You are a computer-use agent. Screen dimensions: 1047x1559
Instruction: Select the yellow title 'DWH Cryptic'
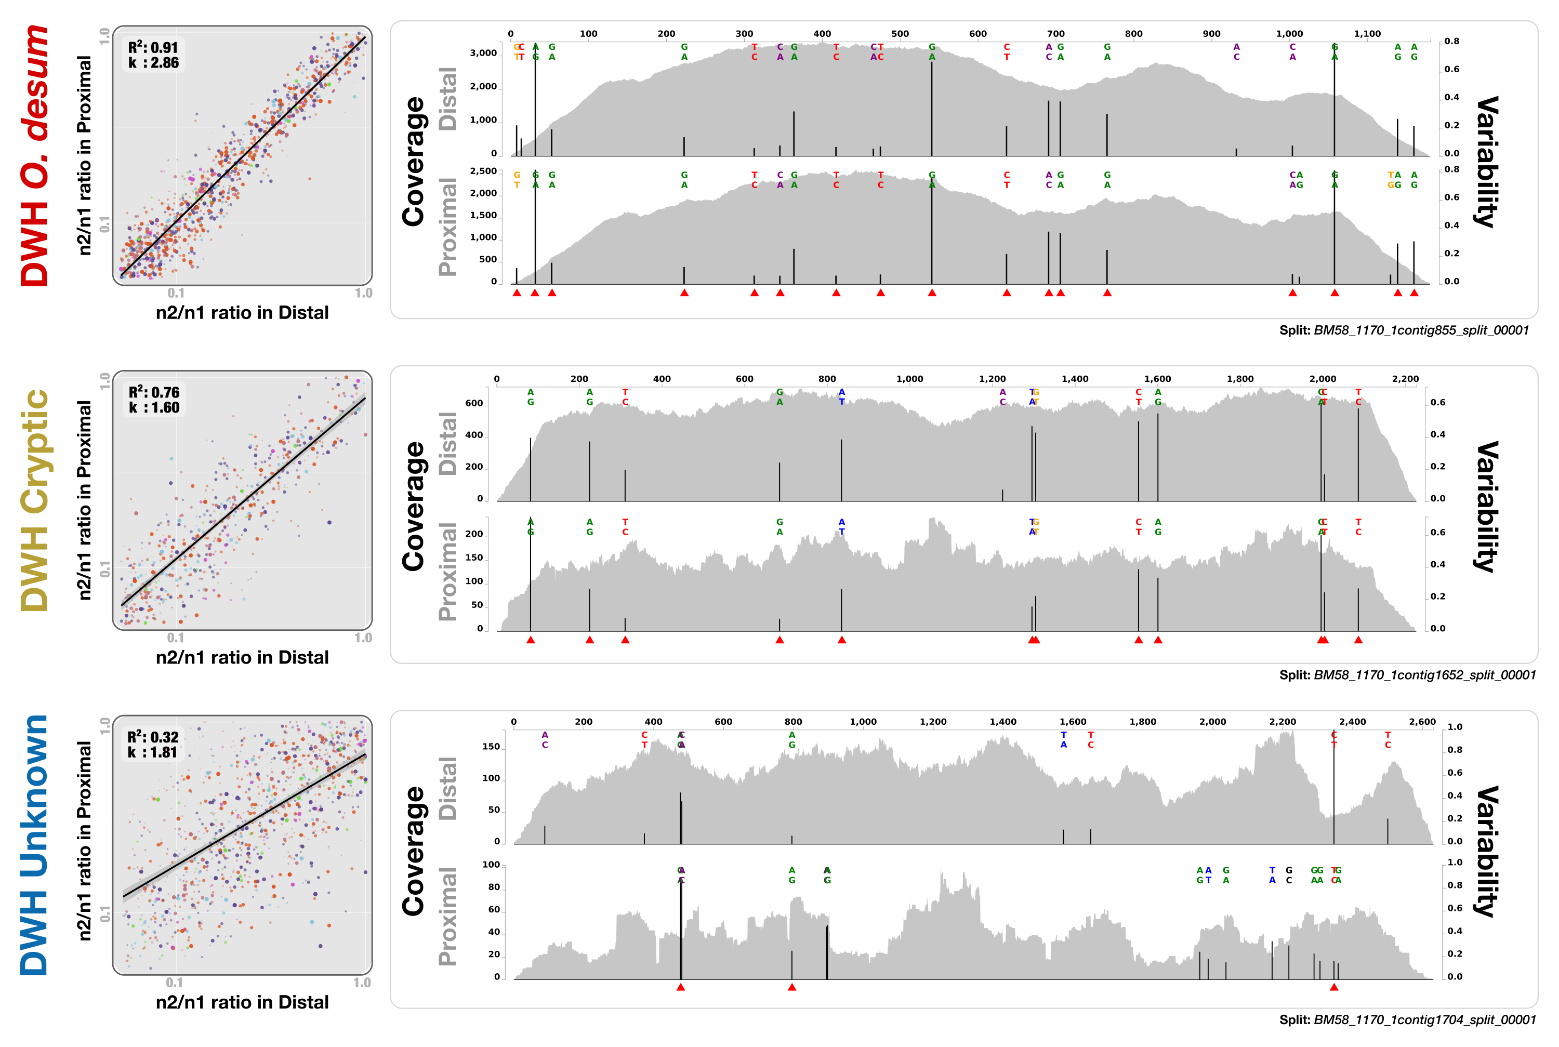coord(35,501)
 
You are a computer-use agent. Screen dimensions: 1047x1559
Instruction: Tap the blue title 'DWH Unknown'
coord(35,845)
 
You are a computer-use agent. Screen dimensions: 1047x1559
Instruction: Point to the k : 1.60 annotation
coord(154,408)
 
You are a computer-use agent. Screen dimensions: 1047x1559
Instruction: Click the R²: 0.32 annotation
coord(153,737)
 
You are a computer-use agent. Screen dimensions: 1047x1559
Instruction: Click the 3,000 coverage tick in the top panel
coord(483,54)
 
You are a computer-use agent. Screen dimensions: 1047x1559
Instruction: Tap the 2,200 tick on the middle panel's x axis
coord(1405,379)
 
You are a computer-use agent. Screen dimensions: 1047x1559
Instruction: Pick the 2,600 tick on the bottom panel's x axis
coord(1422,722)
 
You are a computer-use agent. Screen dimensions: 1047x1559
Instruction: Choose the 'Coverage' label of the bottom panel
coord(414,851)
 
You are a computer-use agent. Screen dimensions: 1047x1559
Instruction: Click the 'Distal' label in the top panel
coord(448,99)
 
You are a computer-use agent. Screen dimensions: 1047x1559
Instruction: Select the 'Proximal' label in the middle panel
coord(448,572)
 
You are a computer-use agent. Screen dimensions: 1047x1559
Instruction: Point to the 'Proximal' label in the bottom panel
coord(448,916)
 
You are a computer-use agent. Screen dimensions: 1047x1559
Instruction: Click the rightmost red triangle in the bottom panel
coord(1334,987)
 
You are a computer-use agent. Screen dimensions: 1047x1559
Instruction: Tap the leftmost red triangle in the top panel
coord(517,293)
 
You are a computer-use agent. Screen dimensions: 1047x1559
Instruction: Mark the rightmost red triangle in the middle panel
coord(1358,640)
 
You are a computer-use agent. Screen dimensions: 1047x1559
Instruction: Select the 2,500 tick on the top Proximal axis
coord(483,171)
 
